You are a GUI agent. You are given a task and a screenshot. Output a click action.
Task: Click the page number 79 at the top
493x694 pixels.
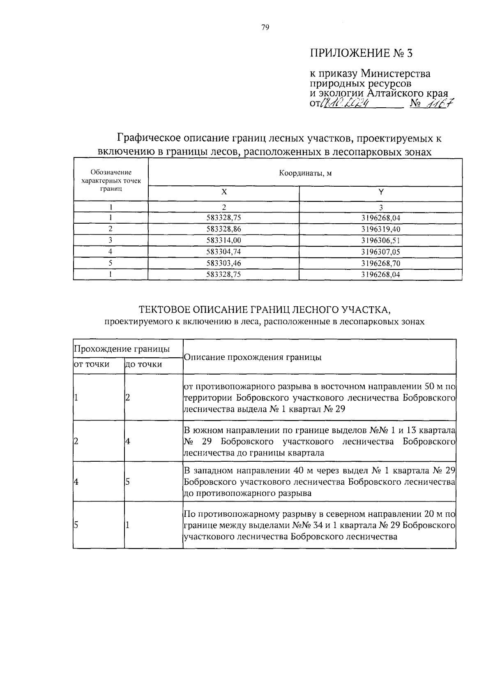(265, 28)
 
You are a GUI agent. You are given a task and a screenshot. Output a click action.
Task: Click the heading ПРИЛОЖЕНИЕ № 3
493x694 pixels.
(360, 53)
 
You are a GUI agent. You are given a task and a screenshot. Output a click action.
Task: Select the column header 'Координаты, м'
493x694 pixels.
(305, 173)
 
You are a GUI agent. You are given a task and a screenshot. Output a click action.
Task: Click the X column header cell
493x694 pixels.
(223, 192)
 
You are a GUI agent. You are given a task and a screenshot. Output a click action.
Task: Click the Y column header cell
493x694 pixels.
(380, 192)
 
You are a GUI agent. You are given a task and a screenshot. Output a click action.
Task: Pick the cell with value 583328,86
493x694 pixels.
(223, 229)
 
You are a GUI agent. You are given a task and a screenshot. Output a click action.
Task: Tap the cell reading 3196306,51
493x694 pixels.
(380, 241)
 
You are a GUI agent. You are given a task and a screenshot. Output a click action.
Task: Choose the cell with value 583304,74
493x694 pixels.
(223, 252)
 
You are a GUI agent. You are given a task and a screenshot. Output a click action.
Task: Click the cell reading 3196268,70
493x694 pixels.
(380, 263)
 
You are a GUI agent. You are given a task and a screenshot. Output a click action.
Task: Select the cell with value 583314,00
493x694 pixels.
(223, 241)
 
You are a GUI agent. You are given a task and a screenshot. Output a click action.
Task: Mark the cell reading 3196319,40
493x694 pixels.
(380, 229)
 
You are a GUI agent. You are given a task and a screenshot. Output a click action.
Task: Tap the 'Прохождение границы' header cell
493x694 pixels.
(122, 349)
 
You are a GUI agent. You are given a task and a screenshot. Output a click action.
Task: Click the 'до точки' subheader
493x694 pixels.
(143, 364)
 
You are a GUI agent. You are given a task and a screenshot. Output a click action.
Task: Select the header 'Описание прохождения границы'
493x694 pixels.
(253, 357)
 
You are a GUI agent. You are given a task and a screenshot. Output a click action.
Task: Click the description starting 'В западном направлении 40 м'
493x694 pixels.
(319, 481)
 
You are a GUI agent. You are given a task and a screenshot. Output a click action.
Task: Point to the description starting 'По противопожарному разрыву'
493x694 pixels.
(319, 525)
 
